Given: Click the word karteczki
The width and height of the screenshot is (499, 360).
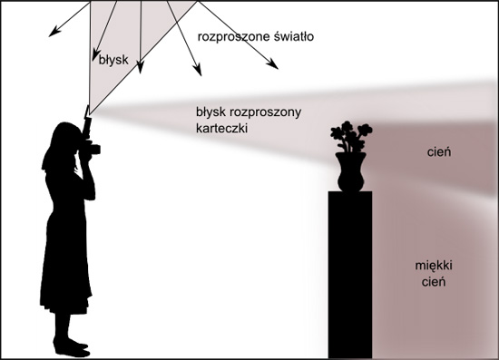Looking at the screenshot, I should (x=222, y=129).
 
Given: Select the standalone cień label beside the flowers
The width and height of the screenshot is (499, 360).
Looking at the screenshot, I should (x=438, y=153).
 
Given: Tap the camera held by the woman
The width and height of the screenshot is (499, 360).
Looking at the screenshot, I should (x=91, y=146).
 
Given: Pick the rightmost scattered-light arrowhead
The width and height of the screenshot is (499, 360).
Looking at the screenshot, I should (x=274, y=65).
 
